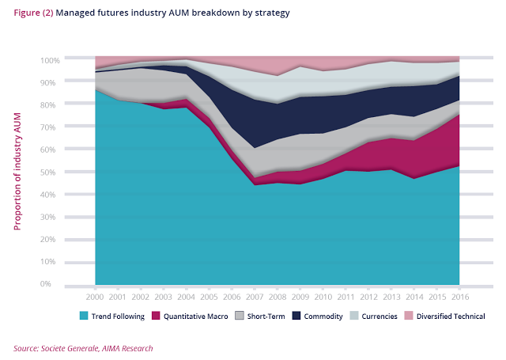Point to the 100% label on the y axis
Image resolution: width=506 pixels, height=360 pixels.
[x=49, y=60]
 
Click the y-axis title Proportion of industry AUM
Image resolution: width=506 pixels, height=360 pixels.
[x=17, y=171]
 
